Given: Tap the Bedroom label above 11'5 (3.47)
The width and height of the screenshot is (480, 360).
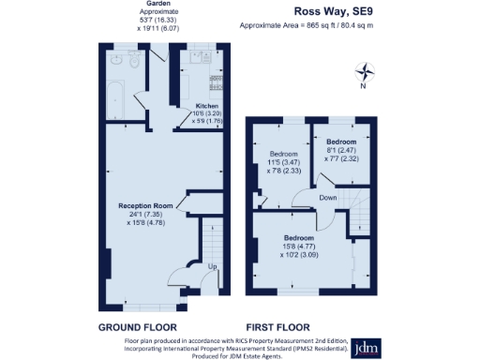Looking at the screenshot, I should (x=284, y=154).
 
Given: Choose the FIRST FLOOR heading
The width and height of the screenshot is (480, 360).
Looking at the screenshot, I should (x=283, y=328).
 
